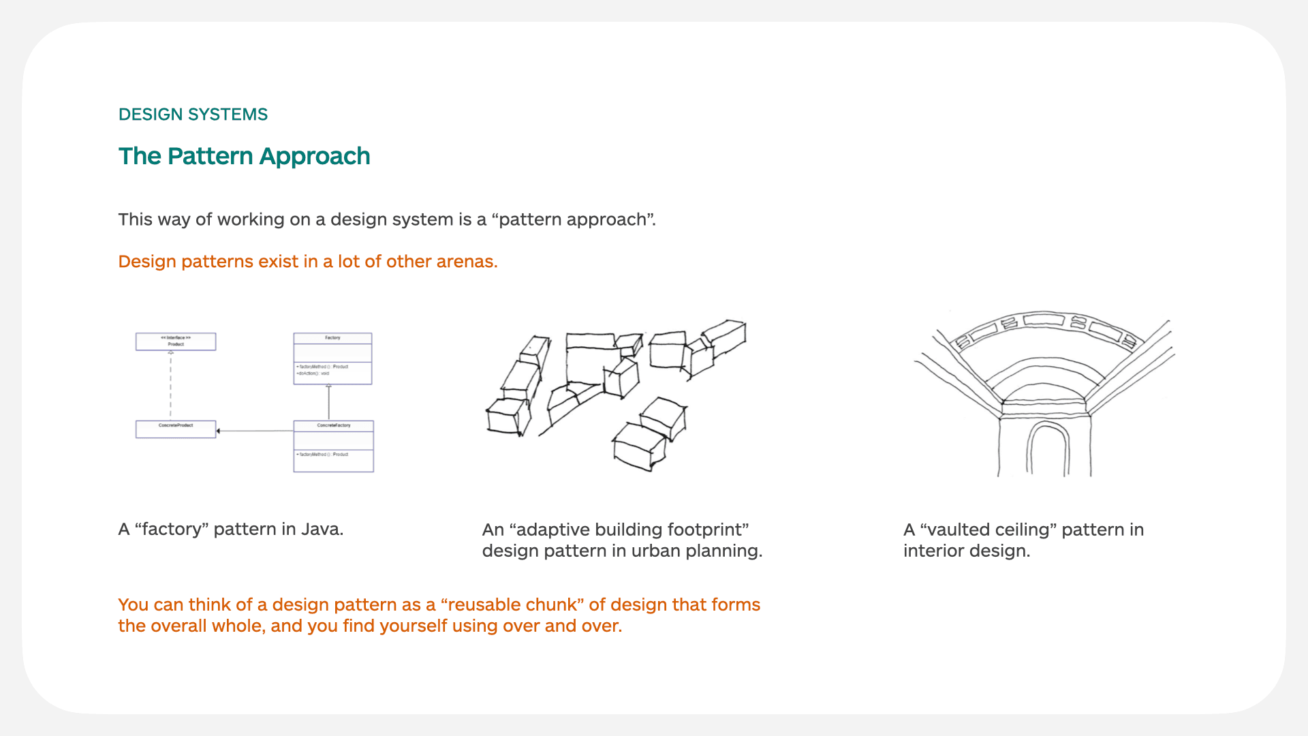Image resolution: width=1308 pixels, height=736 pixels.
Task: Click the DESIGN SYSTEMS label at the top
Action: point(193,114)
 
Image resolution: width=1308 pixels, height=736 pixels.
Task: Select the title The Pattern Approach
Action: point(244,156)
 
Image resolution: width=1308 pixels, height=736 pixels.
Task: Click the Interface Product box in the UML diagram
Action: point(176,341)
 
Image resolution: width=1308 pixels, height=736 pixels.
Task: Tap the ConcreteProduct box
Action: point(176,429)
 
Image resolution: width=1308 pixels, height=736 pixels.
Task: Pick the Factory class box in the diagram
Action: point(332,358)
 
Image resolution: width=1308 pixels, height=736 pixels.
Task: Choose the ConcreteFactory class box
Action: point(333,446)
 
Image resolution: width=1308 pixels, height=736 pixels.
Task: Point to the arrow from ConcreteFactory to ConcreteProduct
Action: point(255,431)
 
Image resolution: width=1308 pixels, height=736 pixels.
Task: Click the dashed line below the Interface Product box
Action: point(170,385)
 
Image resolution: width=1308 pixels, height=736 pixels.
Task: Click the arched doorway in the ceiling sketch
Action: point(1047,450)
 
